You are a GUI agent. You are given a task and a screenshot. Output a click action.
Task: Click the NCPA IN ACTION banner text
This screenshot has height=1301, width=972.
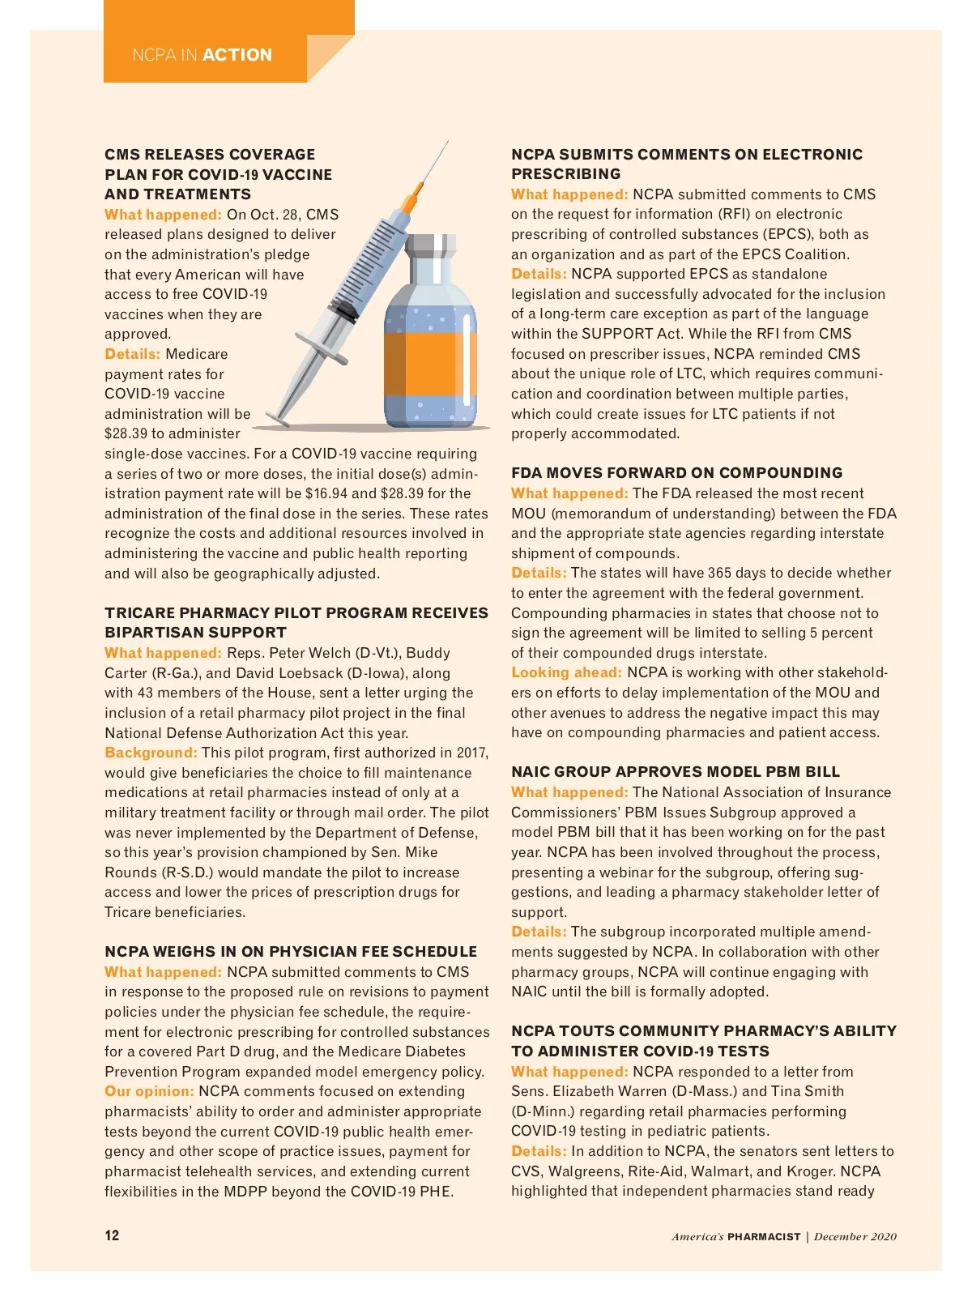[x=202, y=55]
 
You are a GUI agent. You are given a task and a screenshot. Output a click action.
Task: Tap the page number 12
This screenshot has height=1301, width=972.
[x=112, y=1235]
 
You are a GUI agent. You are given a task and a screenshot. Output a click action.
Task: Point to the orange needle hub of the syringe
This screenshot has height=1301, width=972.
[x=415, y=195]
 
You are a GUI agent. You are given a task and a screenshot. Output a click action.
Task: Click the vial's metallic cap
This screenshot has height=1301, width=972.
[x=430, y=248]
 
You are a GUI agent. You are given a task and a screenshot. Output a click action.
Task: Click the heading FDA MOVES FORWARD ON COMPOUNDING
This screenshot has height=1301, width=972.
[x=676, y=473]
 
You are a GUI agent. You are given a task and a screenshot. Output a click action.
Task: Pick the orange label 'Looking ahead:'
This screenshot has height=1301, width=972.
[x=566, y=672]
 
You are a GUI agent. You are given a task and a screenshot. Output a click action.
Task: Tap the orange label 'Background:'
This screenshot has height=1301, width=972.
[x=151, y=753]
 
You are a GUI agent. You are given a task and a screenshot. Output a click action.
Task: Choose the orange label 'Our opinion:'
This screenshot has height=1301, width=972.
[x=149, y=1091]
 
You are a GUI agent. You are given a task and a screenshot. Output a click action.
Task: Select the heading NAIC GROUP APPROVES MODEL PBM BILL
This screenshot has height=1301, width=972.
[x=676, y=772]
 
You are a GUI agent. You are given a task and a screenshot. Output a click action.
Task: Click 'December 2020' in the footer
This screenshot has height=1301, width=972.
[x=855, y=1236]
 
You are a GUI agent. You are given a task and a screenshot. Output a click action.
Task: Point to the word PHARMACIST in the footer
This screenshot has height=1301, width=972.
[x=764, y=1237]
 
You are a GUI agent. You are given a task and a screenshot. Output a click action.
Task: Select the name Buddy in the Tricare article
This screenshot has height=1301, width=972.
[x=428, y=653]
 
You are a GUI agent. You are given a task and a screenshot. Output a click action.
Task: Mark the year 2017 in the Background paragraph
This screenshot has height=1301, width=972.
[x=471, y=753]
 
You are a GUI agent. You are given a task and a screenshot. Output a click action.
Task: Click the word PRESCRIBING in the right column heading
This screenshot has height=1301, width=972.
[x=565, y=174]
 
